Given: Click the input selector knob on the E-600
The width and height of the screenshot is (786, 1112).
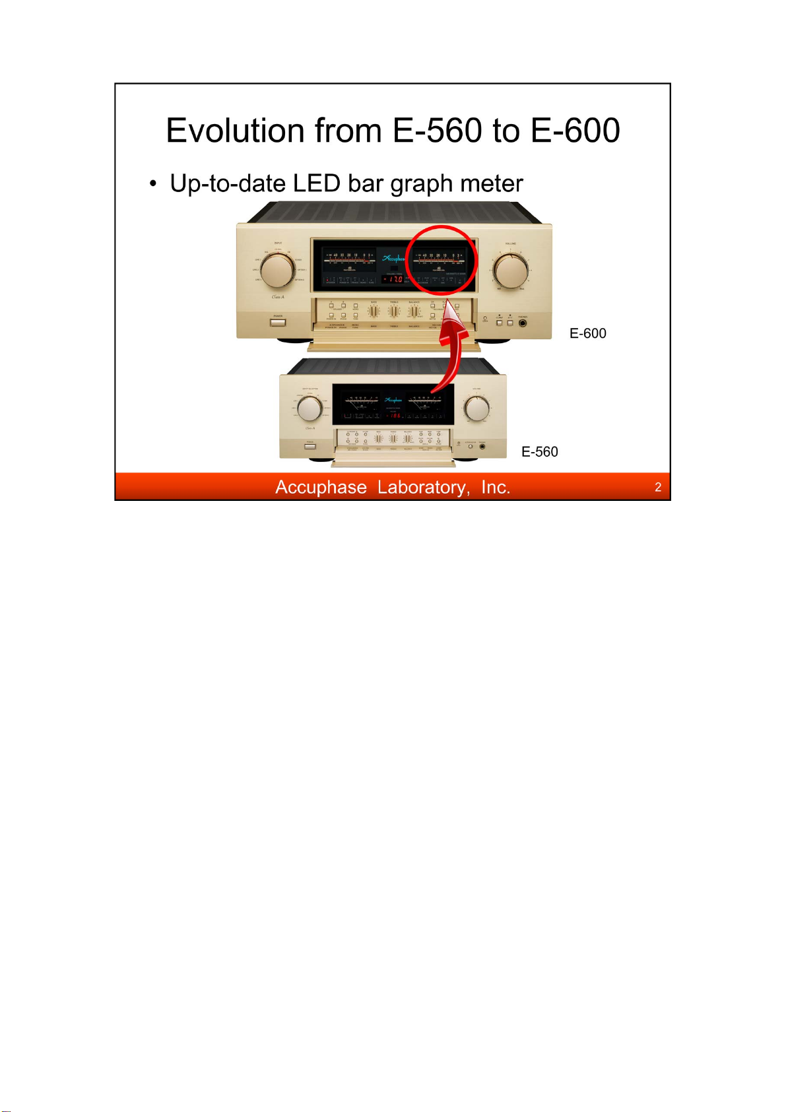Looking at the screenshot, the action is (277, 269).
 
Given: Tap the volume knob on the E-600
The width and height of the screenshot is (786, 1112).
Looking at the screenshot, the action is (511, 270).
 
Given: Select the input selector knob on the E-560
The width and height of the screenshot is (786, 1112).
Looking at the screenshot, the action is (309, 409).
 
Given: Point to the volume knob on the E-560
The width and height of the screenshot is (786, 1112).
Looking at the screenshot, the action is (476, 409).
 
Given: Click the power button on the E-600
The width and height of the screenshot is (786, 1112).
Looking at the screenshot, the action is (278, 322).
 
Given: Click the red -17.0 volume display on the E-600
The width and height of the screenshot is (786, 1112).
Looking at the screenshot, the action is (393, 279).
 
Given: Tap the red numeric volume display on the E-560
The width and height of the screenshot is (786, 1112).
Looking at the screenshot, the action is (395, 416).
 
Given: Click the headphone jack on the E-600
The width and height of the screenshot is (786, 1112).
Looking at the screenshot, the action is (523, 322).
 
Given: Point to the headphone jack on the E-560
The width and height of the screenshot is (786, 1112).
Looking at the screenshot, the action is (482, 447).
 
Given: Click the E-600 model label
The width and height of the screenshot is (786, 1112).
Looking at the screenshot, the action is (587, 333).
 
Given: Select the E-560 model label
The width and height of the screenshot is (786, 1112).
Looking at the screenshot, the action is (539, 451).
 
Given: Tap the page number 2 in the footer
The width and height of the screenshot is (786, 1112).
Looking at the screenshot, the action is (657, 487).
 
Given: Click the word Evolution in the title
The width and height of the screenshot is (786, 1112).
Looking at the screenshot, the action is (236, 130).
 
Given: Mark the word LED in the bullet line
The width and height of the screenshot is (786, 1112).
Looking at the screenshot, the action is (316, 183).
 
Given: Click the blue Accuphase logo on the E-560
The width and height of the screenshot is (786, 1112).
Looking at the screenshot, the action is (393, 400).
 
